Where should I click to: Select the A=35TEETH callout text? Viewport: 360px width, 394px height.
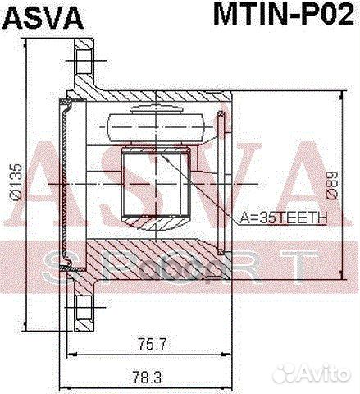pos(284,218)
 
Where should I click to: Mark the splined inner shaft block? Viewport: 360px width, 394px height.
pos(155,185)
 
